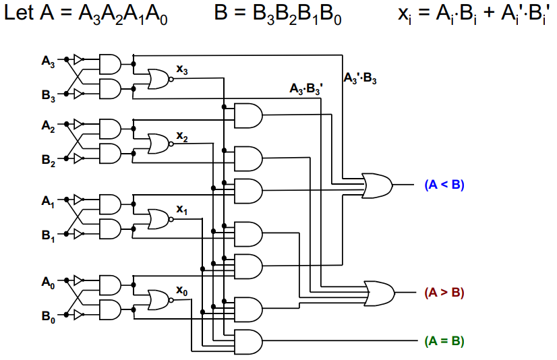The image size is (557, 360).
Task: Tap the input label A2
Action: coord(48,125)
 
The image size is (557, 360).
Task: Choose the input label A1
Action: coord(48,200)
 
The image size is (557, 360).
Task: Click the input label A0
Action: coord(48,281)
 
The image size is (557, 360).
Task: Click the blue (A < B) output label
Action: coord(444,184)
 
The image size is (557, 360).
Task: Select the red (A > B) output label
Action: coord(444,293)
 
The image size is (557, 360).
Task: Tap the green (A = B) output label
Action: coord(444,340)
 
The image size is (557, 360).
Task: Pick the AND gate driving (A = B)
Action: coord(246,340)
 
